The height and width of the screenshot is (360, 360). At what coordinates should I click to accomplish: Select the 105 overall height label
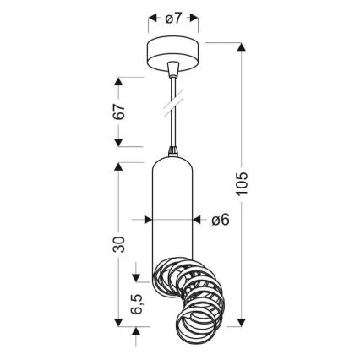pyautogui.click(x=244, y=184)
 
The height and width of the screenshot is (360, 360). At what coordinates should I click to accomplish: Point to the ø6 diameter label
pyautogui.click(x=220, y=221)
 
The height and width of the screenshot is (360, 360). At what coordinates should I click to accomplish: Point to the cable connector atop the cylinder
pyautogui.click(x=175, y=155)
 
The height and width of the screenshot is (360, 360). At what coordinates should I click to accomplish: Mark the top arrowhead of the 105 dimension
pyautogui.click(x=244, y=43)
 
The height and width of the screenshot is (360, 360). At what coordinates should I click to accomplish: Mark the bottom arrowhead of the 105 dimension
pyautogui.click(x=244, y=325)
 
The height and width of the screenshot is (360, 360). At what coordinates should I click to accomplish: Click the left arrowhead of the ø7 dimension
pyautogui.click(x=152, y=18)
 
